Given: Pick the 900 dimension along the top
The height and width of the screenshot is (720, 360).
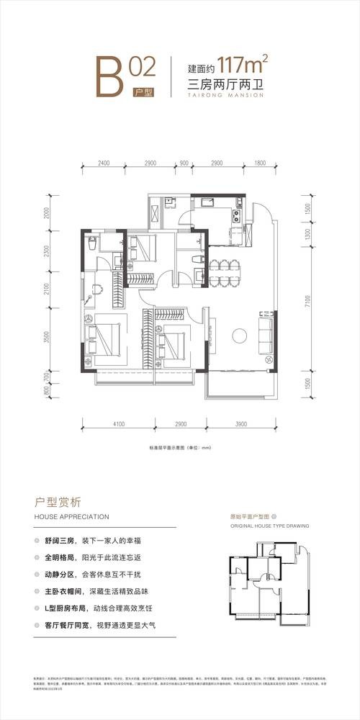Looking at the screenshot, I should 184,163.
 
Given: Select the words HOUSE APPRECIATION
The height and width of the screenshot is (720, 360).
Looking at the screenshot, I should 71,517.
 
